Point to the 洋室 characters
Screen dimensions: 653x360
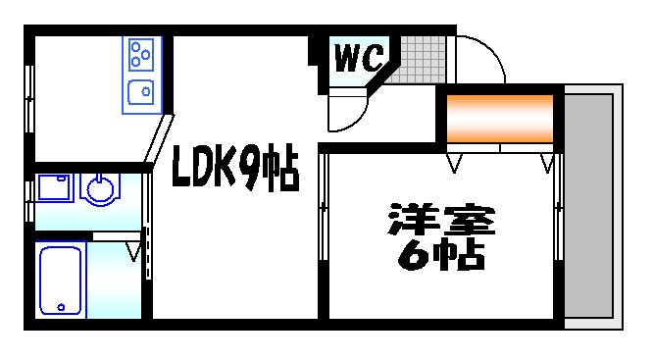coord(442,219)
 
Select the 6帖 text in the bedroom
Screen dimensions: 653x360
coord(441,254)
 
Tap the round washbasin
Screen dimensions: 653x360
coord(98,188)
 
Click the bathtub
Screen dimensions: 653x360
coord(61,279)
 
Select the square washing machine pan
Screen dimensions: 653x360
coord(54,188)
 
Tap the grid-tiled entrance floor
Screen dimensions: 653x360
coord(419,59)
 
